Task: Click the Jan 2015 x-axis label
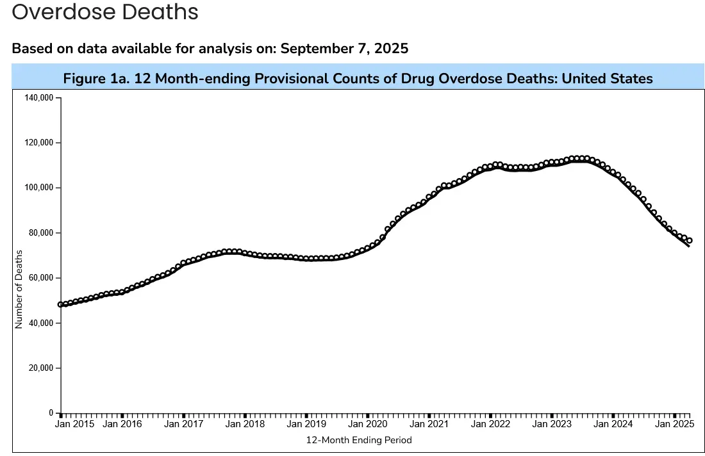[75, 424]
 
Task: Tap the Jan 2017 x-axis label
[184, 424]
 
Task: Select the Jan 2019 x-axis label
[306, 424]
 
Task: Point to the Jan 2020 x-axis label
[368, 424]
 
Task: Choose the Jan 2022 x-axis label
[490, 424]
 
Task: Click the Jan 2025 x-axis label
[675, 424]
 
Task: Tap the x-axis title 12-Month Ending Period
[359, 440]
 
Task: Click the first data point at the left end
[60, 305]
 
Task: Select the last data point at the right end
[690, 241]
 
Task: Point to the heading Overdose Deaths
[105, 12]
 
